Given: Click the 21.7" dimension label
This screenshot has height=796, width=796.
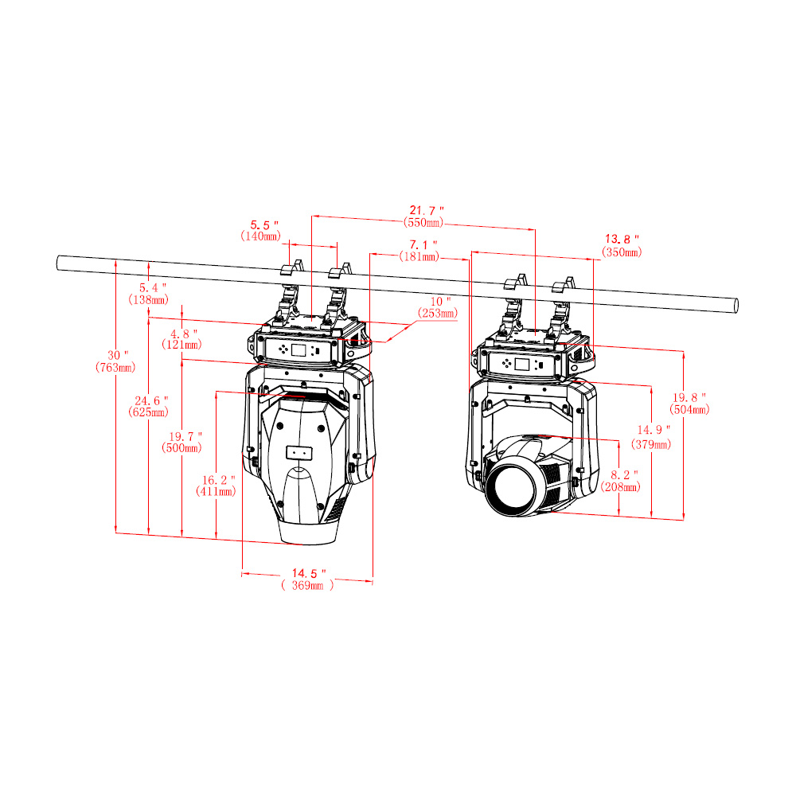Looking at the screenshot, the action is point(427,210).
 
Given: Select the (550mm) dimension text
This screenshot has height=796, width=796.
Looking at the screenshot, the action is point(423,222).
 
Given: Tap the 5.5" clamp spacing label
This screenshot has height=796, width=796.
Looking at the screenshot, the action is point(264,225).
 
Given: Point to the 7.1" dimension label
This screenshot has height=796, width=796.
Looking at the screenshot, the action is point(423,245).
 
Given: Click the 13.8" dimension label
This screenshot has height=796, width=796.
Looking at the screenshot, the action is point(622,239).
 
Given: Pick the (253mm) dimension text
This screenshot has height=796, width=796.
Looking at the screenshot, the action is point(438,314).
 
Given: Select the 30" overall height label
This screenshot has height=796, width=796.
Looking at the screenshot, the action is point(118,355).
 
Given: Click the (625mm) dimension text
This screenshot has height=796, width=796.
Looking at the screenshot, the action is point(148,412).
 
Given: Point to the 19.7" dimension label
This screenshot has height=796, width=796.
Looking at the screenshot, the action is point(185,436).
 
